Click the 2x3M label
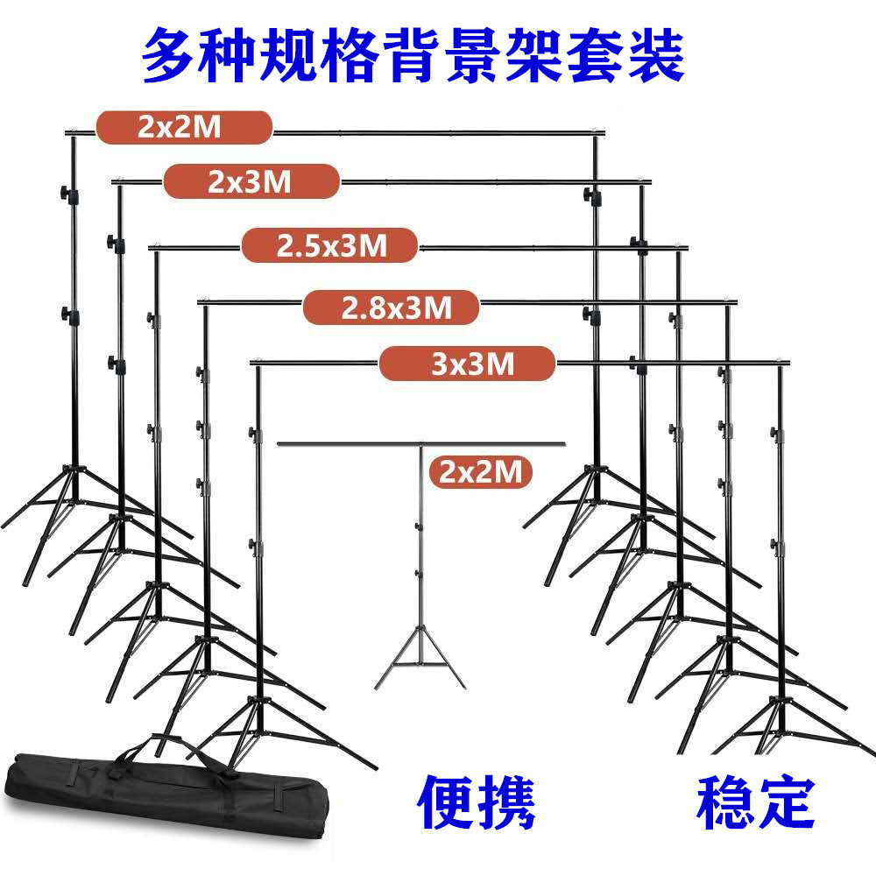[x=251, y=181]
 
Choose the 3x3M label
[x=468, y=363]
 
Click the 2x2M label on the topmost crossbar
[x=184, y=127]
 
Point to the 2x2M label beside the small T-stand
[x=481, y=473]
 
